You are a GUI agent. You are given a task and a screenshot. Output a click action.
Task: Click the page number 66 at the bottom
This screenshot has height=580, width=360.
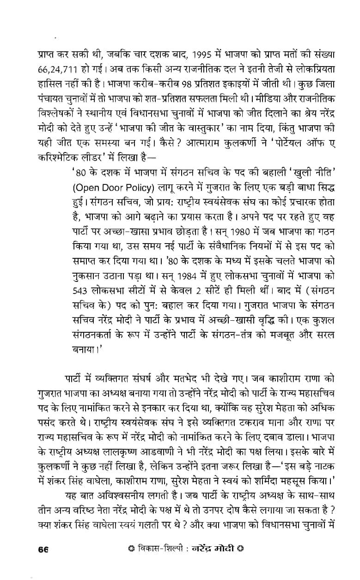(x=44, y=550)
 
